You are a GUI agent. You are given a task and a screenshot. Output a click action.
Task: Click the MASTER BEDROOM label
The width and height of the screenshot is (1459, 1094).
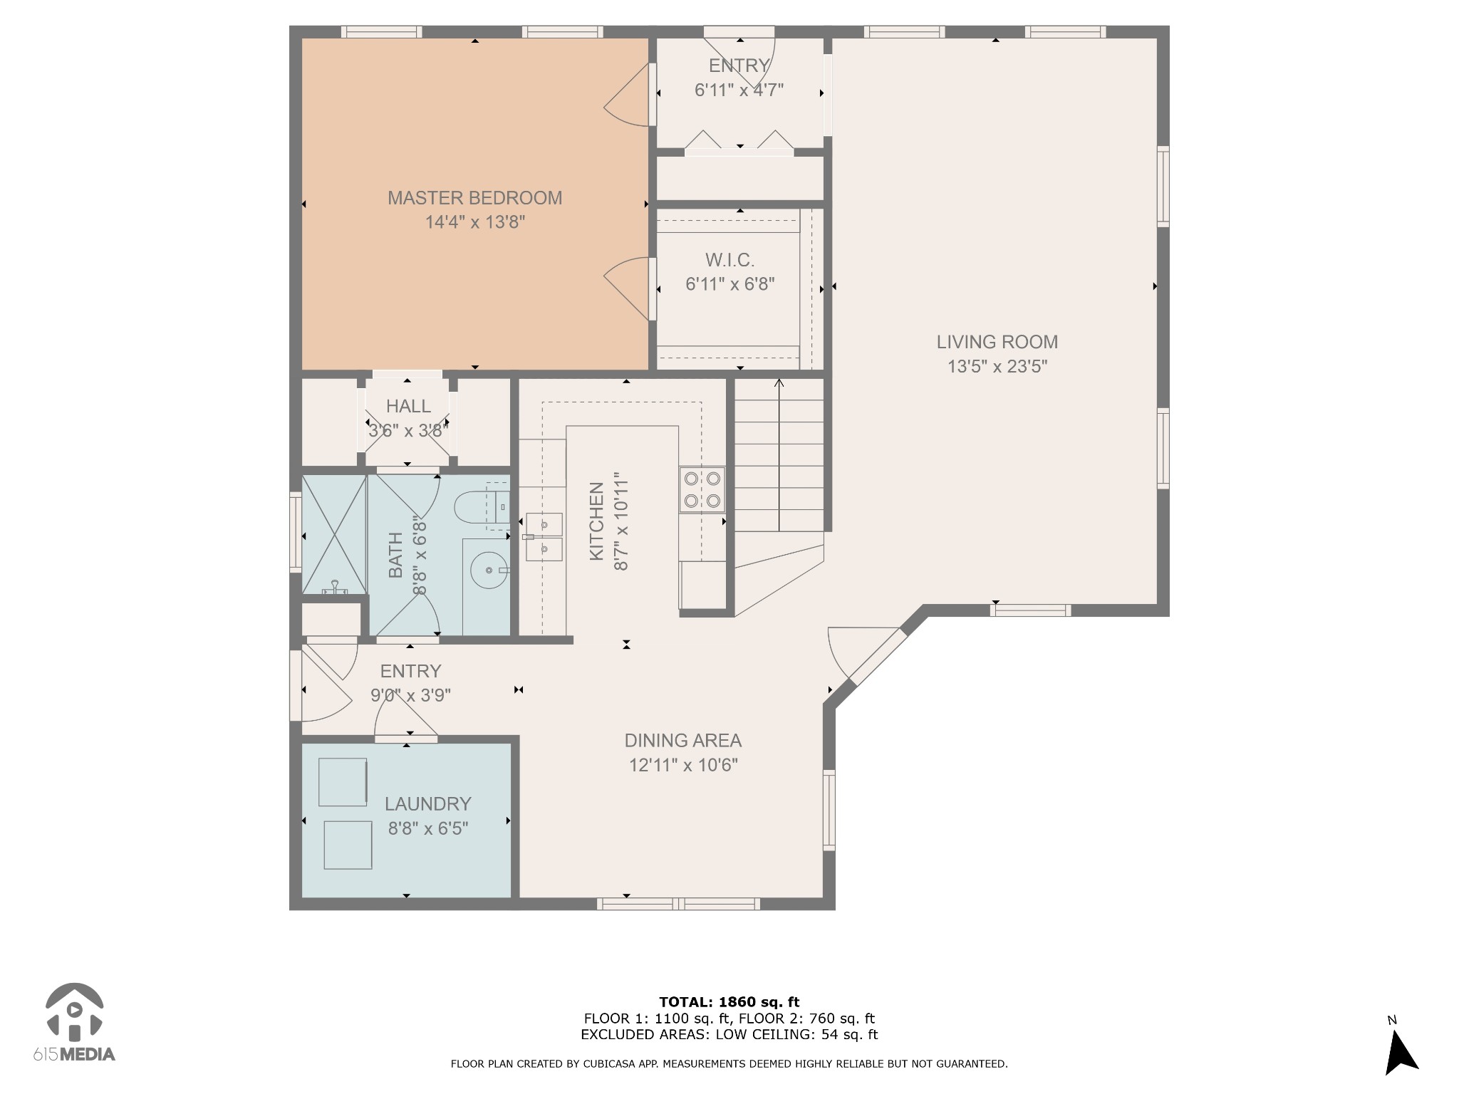(x=474, y=198)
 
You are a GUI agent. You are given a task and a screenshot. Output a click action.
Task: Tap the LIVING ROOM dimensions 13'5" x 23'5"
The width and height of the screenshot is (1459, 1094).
(x=997, y=367)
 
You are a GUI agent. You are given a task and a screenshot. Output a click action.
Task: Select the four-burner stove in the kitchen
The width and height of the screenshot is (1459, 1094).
(x=702, y=489)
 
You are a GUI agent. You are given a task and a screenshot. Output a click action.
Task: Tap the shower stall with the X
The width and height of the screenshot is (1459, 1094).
(x=334, y=534)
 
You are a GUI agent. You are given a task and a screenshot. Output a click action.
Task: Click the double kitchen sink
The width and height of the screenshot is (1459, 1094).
(x=544, y=536)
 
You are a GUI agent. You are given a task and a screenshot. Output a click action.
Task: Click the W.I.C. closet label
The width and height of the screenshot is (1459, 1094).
(x=729, y=260)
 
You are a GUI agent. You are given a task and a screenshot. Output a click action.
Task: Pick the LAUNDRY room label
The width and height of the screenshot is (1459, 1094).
(x=427, y=804)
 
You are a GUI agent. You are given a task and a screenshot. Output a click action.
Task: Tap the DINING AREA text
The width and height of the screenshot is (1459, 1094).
(x=682, y=741)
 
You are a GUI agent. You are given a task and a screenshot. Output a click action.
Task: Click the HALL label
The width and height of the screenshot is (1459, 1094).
(x=408, y=406)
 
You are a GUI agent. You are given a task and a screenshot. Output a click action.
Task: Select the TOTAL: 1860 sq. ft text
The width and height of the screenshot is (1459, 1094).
(x=729, y=1002)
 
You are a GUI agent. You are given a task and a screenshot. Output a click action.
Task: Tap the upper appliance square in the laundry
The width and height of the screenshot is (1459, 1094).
(x=343, y=782)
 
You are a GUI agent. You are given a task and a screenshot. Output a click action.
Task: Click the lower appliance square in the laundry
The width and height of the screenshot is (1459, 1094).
(x=348, y=845)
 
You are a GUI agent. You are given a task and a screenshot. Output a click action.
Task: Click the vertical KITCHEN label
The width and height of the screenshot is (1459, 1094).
(x=597, y=521)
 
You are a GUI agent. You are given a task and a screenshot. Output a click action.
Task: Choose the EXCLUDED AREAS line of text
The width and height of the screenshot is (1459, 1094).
(x=729, y=1035)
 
